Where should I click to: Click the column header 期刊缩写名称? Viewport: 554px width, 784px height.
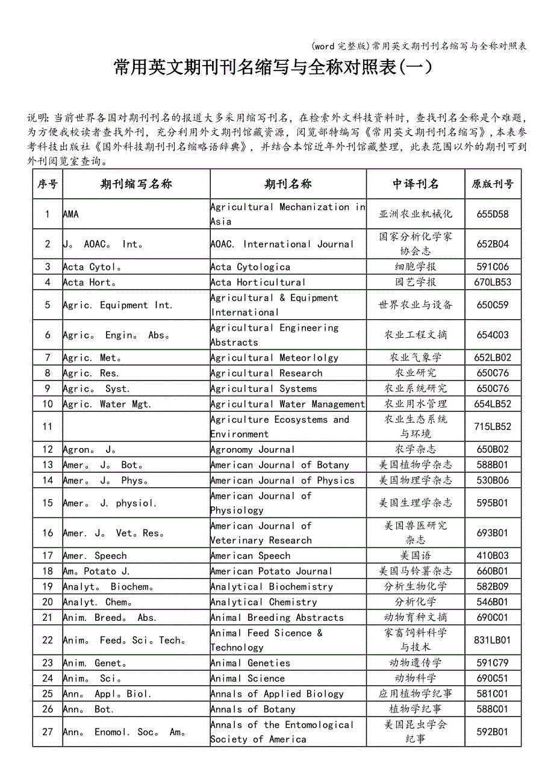click(136, 184)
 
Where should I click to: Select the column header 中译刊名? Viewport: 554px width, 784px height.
click(415, 184)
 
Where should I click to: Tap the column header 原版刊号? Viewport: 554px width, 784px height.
click(492, 184)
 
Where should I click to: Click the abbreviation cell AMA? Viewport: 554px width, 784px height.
click(71, 214)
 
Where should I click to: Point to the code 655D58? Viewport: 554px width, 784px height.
click(492, 214)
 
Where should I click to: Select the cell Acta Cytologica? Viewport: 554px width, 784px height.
click(251, 267)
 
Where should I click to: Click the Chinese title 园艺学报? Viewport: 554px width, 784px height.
click(415, 282)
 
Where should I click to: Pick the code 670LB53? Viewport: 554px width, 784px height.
click(492, 282)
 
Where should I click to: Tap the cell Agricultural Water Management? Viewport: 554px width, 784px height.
click(288, 404)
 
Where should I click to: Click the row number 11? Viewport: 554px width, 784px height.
click(48, 427)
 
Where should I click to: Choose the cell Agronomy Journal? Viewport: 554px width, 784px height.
click(252, 450)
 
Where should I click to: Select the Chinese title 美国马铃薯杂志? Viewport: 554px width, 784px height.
click(415, 571)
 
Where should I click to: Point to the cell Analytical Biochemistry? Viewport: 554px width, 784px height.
click(272, 586)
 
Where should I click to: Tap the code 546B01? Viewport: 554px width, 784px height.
click(492, 602)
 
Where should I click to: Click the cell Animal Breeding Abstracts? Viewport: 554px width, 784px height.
click(277, 618)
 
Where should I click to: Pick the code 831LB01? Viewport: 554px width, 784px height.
click(492, 641)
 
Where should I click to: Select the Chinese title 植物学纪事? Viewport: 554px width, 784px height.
click(415, 709)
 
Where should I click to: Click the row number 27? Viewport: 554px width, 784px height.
click(48, 732)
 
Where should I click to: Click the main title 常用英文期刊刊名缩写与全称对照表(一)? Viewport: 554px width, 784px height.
click(273, 67)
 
